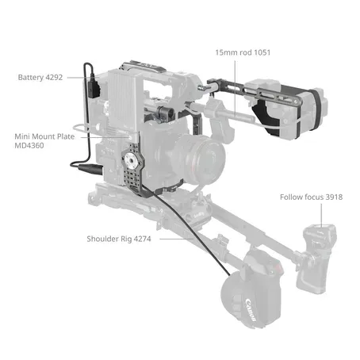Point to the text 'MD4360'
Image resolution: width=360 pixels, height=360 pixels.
[x=31, y=147]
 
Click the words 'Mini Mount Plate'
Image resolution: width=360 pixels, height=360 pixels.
[x=44, y=136]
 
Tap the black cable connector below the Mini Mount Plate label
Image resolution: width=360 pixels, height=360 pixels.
[x=81, y=165]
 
